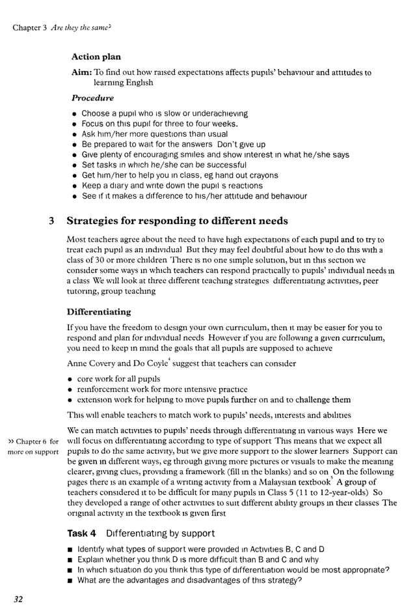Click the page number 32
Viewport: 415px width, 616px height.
pyautogui.click(x=18, y=599)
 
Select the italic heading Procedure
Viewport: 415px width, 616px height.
pyautogui.click(x=92, y=98)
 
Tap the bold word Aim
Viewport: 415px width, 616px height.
pyautogui.click(x=81, y=73)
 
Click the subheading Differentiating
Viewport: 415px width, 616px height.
pyautogui.click(x=99, y=312)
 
